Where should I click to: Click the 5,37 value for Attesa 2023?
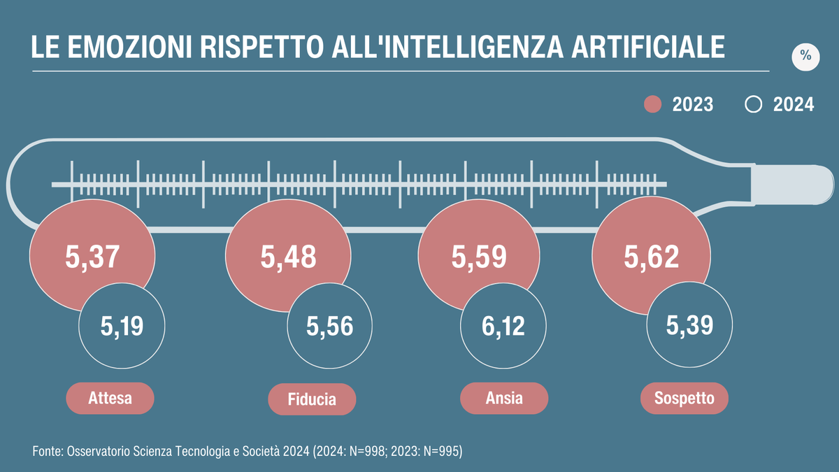93,257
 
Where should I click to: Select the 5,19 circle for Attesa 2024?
122,327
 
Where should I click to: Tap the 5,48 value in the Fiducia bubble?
288,257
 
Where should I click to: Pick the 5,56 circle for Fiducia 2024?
330,327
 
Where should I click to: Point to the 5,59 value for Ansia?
479,257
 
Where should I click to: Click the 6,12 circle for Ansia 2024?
503,327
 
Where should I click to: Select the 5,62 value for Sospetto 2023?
651,257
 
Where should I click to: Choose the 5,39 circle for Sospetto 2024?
689,327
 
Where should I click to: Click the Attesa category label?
110,399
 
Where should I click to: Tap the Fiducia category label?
312,400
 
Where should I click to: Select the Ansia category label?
503,399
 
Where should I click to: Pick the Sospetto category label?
684,399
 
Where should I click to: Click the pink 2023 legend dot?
652,105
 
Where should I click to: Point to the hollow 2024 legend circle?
753,105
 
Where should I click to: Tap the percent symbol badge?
805,57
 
